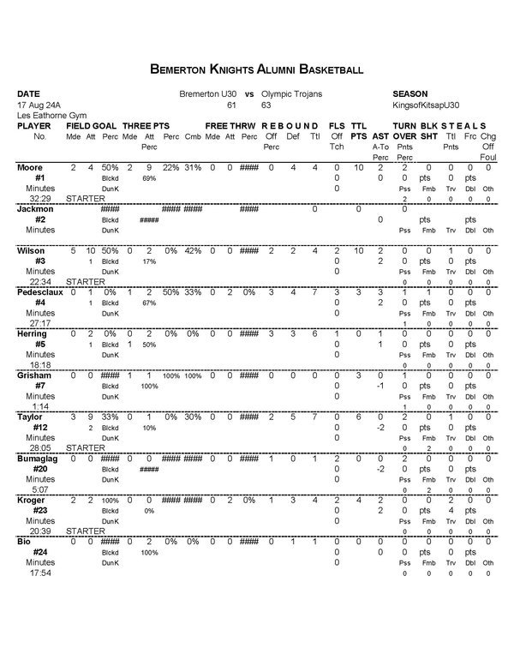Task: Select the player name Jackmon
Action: click(x=34, y=208)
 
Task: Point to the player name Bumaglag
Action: click(x=38, y=459)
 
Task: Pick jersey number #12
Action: click(x=39, y=427)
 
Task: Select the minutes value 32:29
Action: click(x=40, y=198)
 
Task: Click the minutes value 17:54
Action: click(x=40, y=573)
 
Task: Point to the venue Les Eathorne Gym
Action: click(x=50, y=115)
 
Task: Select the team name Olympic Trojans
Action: click(x=291, y=93)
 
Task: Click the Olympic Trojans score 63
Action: click(x=266, y=104)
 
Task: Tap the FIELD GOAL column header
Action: click(x=90, y=126)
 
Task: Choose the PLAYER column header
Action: click(x=35, y=126)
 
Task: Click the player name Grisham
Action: click(x=35, y=375)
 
